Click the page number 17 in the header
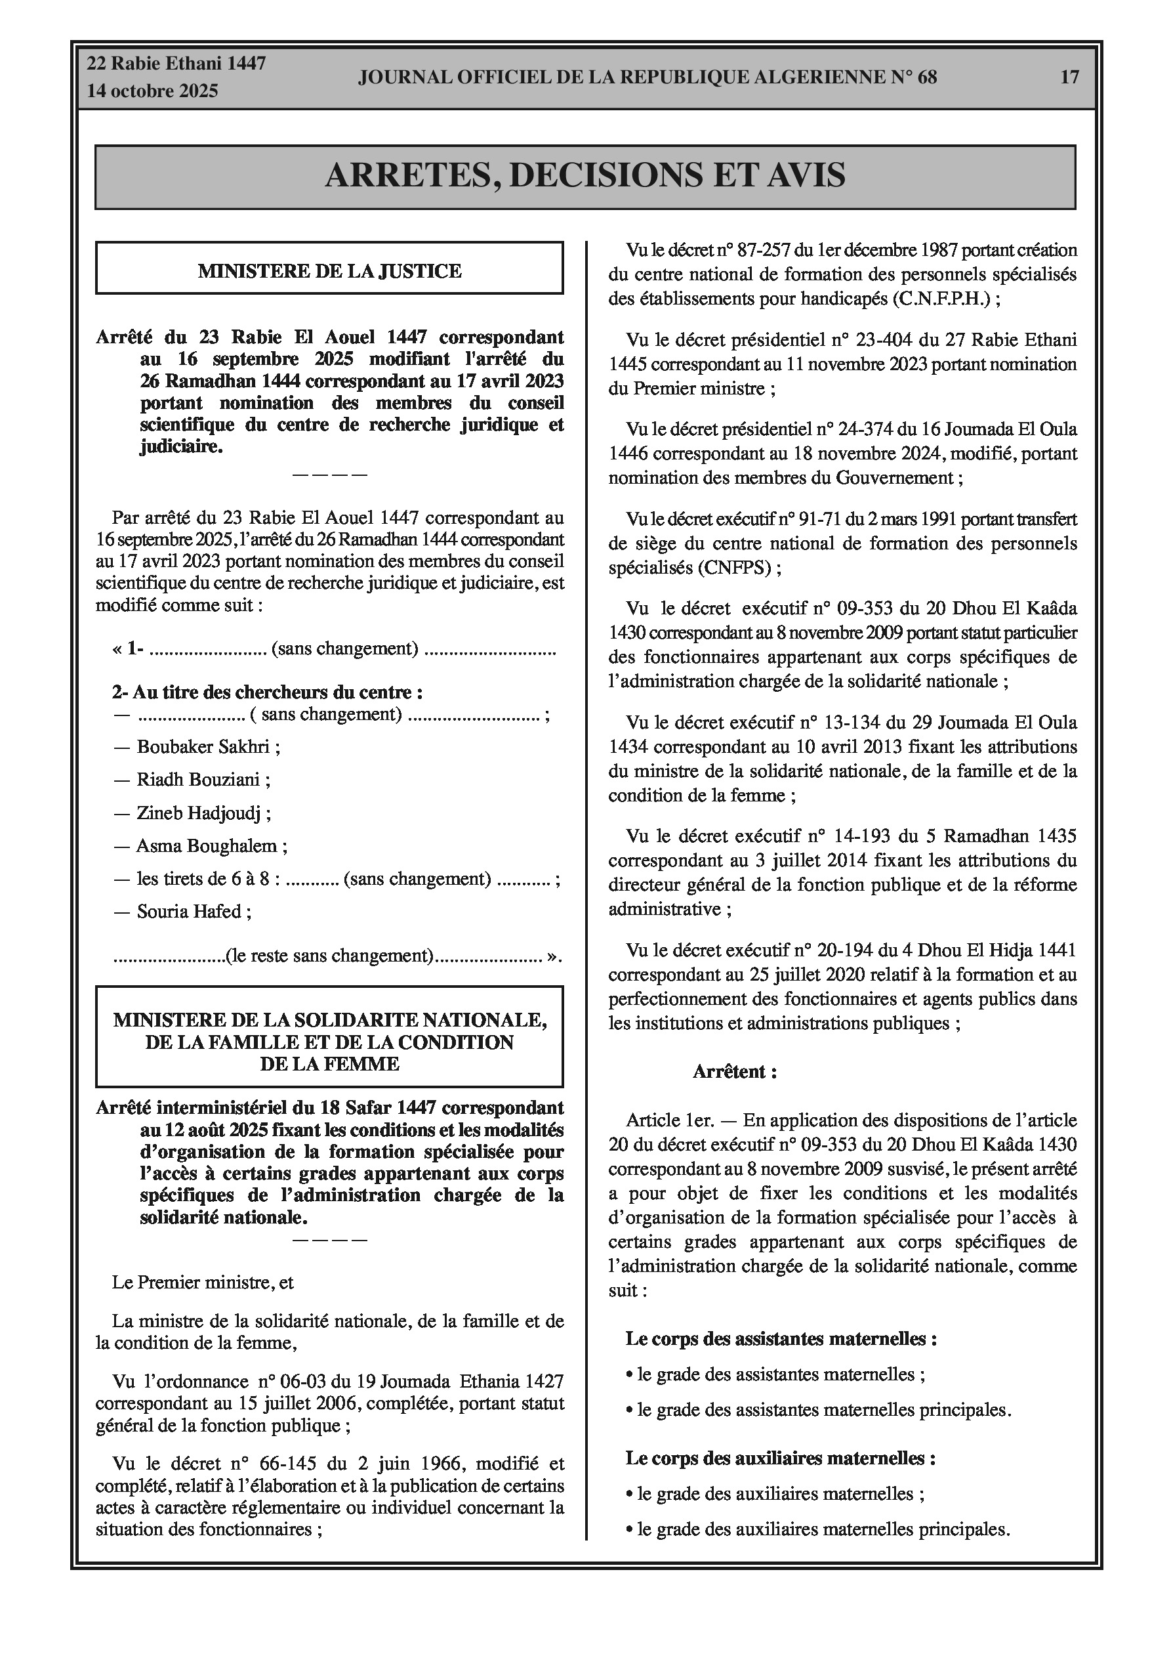coord(1069,77)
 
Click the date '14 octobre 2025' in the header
coord(152,92)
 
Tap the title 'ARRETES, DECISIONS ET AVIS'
coord(585,175)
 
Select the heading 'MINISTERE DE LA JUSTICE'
coord(329,272)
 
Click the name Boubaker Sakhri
coord(203,747)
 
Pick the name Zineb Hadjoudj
coord(199,813)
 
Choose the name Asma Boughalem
coord(207,845)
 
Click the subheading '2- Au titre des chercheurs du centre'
coord(267,692)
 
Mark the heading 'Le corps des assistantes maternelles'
coord(781,1340)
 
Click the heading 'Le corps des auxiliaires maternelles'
coord(781,1458)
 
